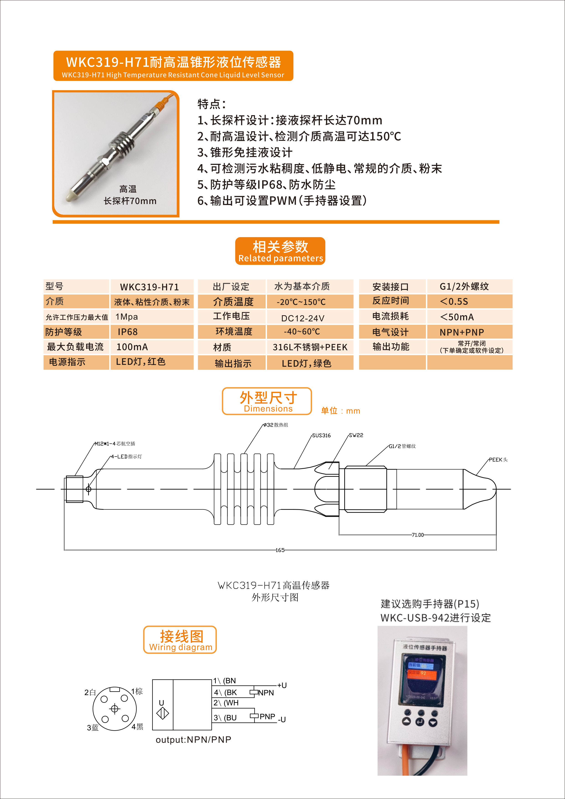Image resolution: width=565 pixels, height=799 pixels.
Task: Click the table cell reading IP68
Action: pos(152,332)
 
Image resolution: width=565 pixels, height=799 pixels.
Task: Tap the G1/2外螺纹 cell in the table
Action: pos(470,286)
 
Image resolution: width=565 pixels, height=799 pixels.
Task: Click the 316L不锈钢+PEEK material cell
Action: pos(310,347)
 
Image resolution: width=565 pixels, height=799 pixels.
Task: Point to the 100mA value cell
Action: pos(152,347)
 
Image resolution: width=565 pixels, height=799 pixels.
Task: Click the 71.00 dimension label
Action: pos(418,535)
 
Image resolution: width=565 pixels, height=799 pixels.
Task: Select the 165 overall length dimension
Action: pos(280,550)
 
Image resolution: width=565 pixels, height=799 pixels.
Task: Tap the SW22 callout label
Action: pos(356,435)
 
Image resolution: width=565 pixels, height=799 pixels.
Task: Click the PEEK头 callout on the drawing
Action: pos(498,460)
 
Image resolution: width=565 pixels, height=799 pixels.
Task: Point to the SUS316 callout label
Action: pos(321,435)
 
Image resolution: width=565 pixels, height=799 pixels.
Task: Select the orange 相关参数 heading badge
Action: pos(280,251)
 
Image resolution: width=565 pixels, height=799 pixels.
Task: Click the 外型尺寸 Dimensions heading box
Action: pos(267,401)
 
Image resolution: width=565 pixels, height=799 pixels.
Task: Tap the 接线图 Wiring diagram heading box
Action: pos(180,640)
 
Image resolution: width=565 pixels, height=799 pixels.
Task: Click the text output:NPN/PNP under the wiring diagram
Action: pos(194,740)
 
